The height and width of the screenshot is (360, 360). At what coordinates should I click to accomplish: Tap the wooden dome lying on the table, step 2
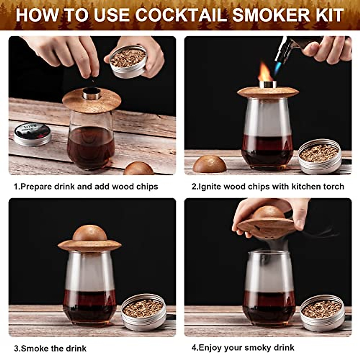coord(209,164)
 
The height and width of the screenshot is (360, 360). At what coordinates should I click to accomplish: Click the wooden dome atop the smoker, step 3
coord(90,233)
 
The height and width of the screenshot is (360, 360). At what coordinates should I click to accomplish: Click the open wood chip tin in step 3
coord(144,312)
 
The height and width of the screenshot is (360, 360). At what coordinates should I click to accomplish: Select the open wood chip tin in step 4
coord(322,313)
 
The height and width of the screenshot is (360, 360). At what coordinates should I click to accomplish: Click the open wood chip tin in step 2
coord(320,156)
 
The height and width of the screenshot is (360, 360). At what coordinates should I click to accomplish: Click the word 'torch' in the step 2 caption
coord(333,187)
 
